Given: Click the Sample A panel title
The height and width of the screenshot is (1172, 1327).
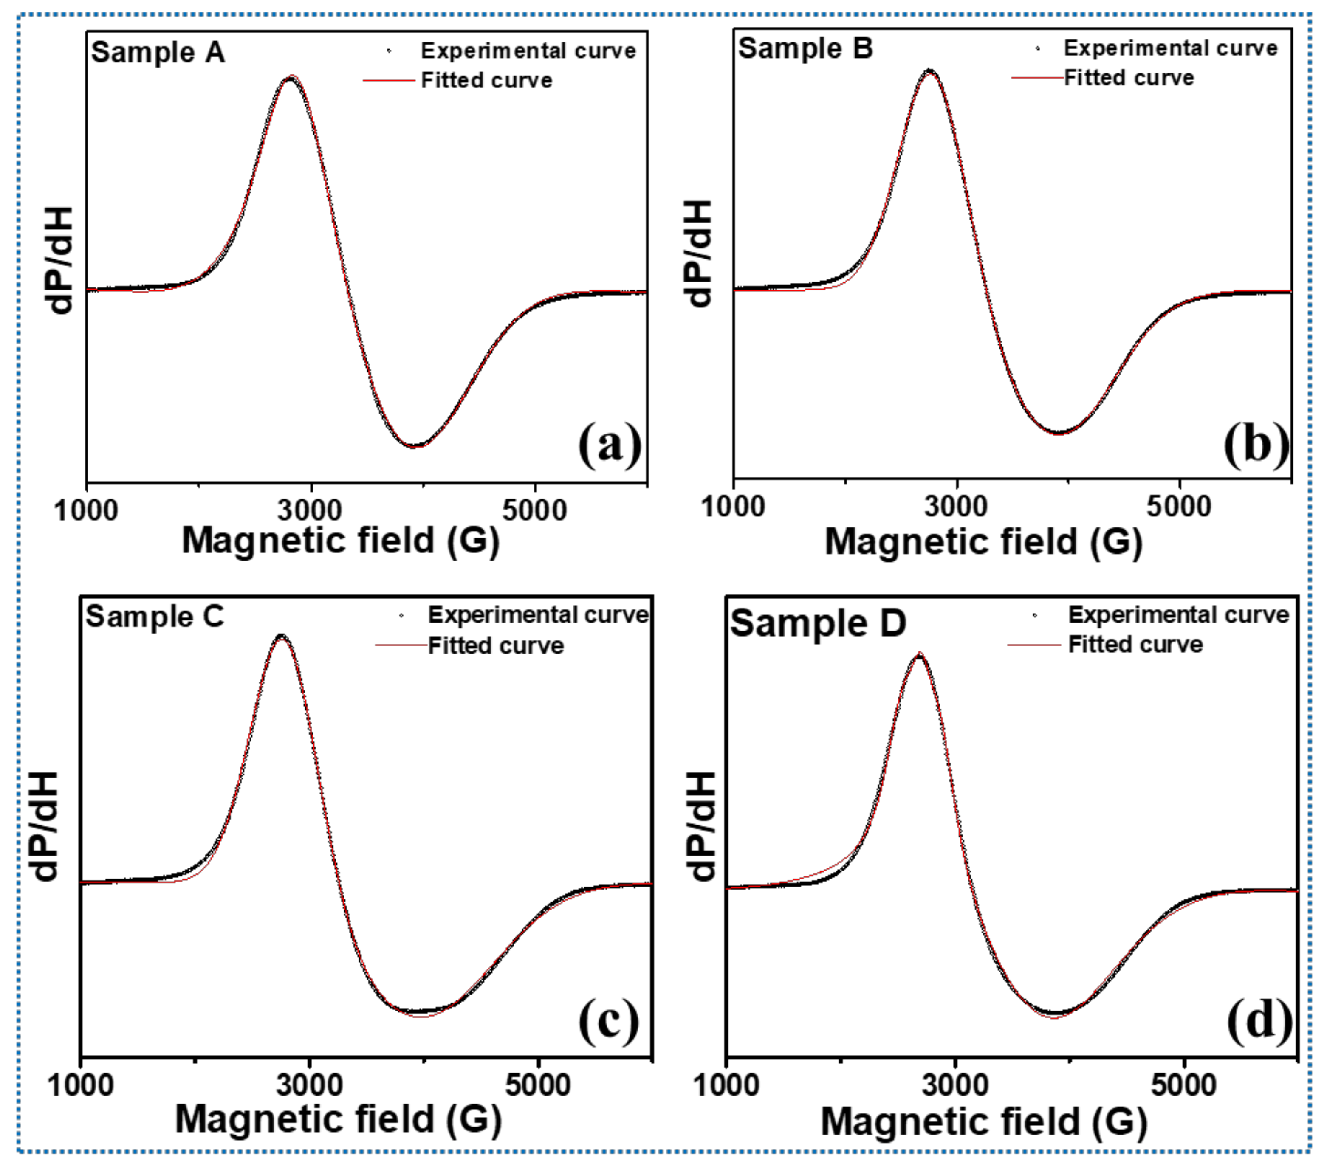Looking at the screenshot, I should (158, 52).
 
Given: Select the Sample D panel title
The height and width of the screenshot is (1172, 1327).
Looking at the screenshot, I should (818, 624).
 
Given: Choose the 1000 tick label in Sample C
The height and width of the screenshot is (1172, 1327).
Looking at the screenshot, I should (81, 1085).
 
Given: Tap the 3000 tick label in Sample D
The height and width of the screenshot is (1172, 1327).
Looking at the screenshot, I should (955, 1085).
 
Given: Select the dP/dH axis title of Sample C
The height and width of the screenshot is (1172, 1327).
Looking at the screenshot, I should (45, 825).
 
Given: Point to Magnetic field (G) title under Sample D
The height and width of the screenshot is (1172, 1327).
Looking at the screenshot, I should (983, 1121).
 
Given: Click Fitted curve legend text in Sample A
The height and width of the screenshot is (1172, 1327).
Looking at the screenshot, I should (487, 81).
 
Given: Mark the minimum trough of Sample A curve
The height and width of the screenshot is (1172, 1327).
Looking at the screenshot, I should (413, 446).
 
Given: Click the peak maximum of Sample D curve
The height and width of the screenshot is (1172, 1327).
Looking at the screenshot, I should (919, 654).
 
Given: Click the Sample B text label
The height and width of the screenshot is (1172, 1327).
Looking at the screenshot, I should (805, 49).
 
